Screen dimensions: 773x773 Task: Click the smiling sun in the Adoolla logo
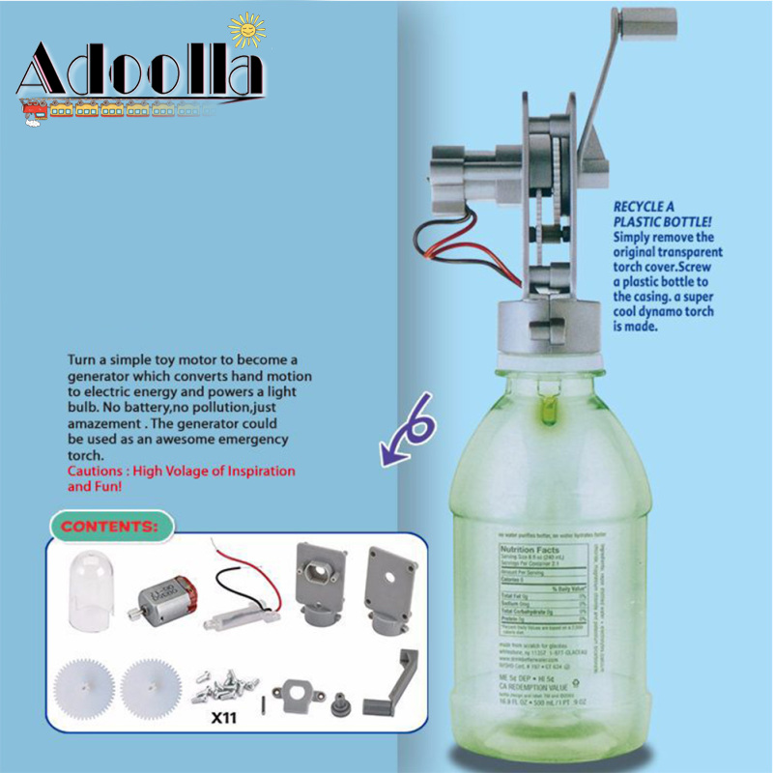point(249,30)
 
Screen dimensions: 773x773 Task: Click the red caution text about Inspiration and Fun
point(181,479)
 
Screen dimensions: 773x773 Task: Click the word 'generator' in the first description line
point(100,376)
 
